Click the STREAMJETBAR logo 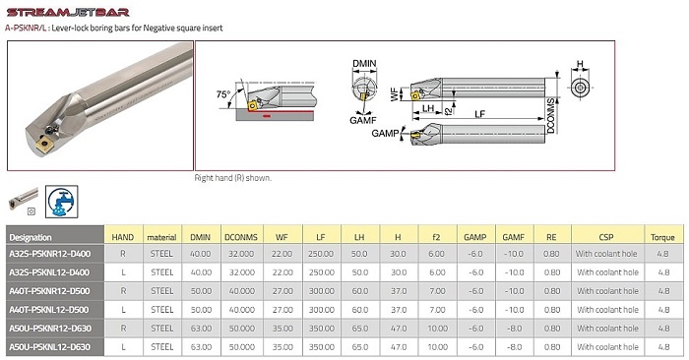click(x=68, y=12)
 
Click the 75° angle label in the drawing click(x=223, y=94)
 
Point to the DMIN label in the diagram click(x=364, y=64)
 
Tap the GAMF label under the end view click(x=363, y=120)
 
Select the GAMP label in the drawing click(x=385, y=133)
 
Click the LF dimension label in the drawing click(x=479, y=114)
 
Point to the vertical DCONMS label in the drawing click(x=550, y=116)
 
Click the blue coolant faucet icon click(x=61, y=202)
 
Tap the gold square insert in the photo click(x=44, y=144)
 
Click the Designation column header click(x=31, y=237)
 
